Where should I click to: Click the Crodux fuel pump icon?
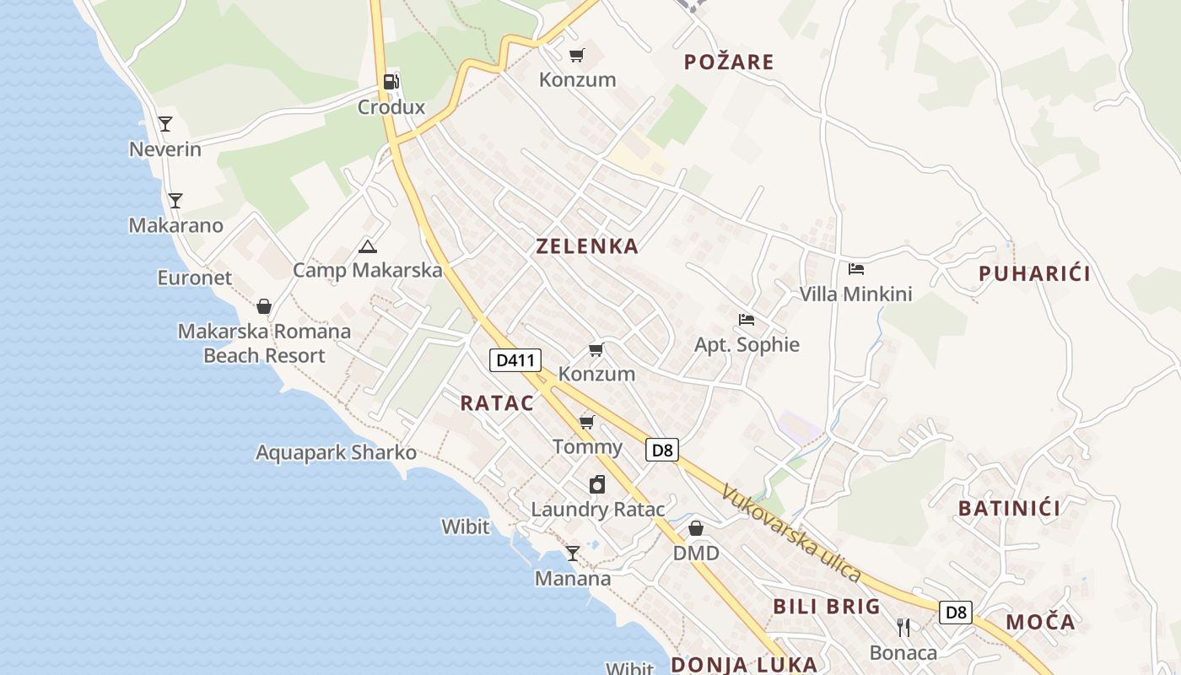point(391,82)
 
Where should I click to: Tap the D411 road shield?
point(515,360)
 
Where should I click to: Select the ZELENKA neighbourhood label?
point(587,246)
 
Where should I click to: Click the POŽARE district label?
point(729,62)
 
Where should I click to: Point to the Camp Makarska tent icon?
point(367,246)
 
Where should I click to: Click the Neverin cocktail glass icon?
point(165,124)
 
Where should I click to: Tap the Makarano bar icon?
point(175,201)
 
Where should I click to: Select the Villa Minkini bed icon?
point(856,269)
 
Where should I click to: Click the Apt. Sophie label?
point(747,344)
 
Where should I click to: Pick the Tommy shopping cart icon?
point(587,422)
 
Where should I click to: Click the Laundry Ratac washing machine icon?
point(597,484)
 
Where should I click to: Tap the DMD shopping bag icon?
point(696,528)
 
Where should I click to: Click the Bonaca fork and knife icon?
point(903,628)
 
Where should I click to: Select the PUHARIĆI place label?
point(1034,273)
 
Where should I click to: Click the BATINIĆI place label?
point(1009,508)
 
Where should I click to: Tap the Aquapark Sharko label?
point(336,453)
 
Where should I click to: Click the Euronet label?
point(194,278)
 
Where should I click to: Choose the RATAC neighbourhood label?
point(497,403)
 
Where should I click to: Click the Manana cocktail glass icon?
point(573,553)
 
